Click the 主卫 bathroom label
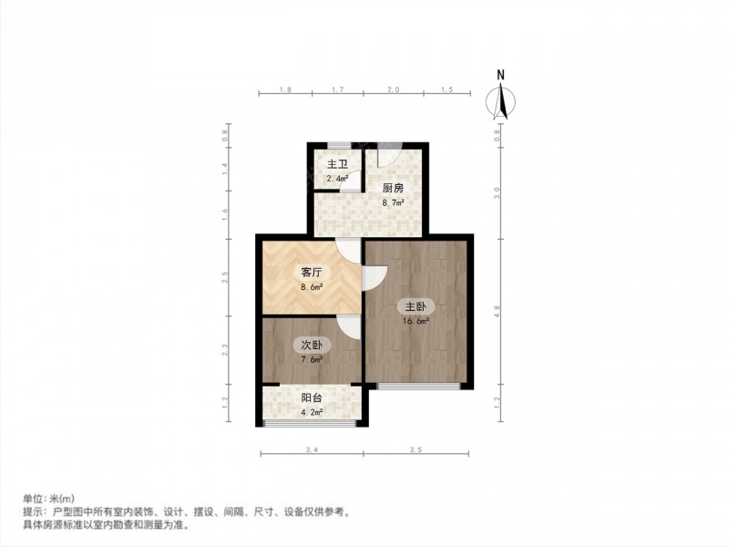click(337, 164)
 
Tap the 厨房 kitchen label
click(393, 189)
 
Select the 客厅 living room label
click(312, 273)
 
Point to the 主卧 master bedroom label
click(416, 307)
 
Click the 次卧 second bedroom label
click(312, 346)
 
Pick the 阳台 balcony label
click(312, 398)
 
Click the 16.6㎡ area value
click(416, 321)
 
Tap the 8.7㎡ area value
click(393, 202)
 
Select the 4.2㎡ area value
click(312, 412)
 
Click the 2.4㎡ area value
click(337, 178)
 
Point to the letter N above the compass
click(500, 75)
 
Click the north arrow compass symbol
click(500, 101)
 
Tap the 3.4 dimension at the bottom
click(312, 449)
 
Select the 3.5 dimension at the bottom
click(416, 449)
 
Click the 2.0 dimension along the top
click(394, 89)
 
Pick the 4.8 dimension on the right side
click(497, 312)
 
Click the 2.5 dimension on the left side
click(225, 278)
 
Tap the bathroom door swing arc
click(350, 181)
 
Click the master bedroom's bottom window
click(418, 386)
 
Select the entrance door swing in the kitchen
click(390, 154)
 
